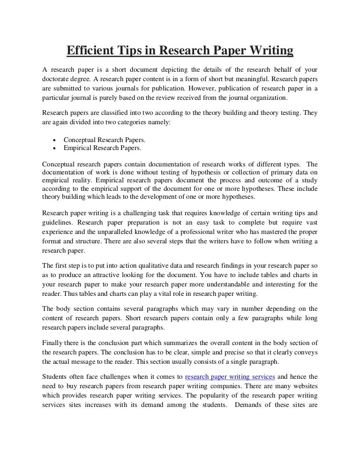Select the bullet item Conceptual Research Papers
[105, 140]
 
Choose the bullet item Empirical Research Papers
[102, 148]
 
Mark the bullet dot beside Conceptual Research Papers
[55, 140]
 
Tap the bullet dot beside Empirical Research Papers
[55, 149]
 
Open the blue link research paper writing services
[230, 376]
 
